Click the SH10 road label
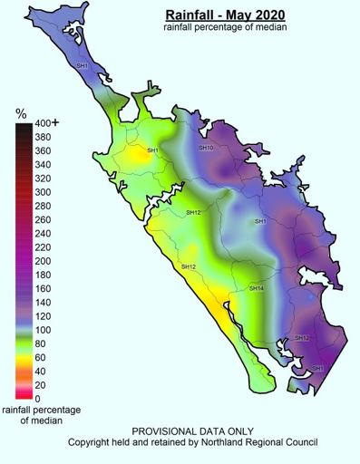coord(206,148)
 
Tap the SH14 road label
coord(257,288)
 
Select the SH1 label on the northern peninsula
coord(82,66)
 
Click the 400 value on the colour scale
coord(43,124)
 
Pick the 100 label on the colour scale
coord(43,330)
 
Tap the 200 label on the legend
coord(43,261)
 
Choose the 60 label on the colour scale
coord(40,357)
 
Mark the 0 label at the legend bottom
coord(37,399)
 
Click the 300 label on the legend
coord(43,193)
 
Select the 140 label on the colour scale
coord(43,303)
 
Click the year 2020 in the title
coord(268,15)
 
